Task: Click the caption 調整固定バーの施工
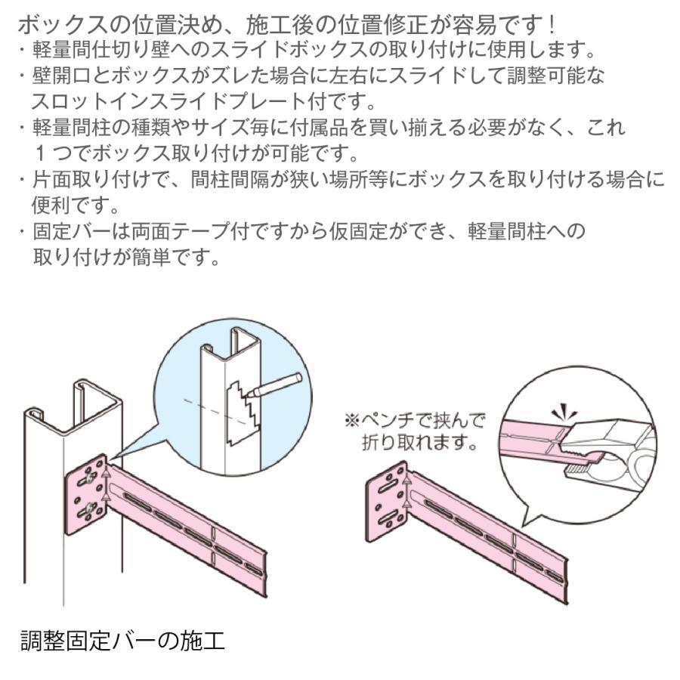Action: coord(122,641)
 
